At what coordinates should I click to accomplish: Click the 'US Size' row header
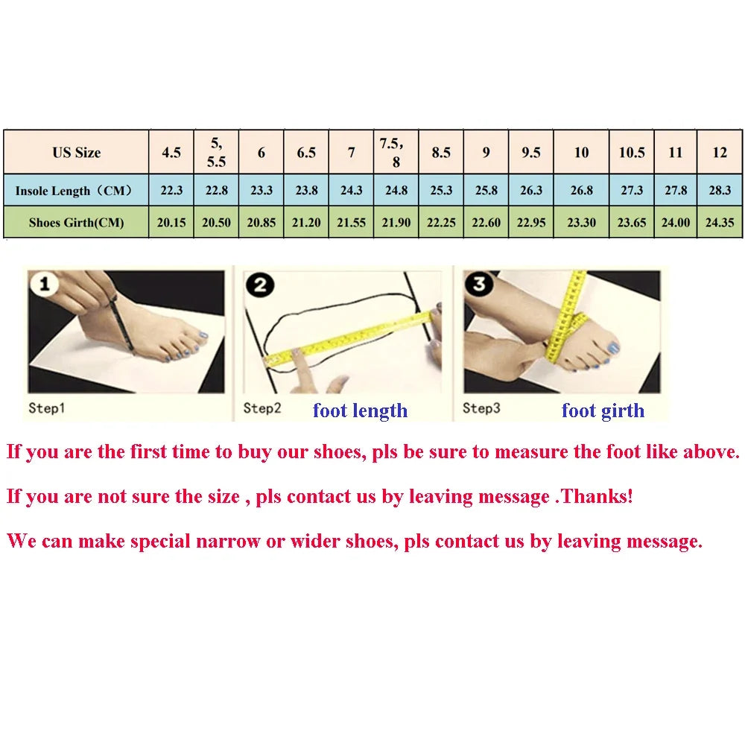[x=77, y=153]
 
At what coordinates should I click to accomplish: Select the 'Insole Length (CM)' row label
[x=74, y=191]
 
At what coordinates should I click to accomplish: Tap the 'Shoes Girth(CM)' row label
[x=77, y=222]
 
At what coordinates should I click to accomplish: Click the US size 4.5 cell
[x=171, y=153]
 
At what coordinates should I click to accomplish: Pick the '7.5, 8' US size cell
[x=396, y=153]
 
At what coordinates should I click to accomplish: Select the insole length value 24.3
[x=351, y=190]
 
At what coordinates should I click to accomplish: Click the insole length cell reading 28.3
[x=720, y=190]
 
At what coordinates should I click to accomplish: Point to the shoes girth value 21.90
[x=396, y=222]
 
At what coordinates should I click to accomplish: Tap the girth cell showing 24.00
[x=675, y=222]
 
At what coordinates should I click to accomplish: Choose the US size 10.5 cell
[x=632, y=153]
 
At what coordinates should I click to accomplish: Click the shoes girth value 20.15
[x=171, y=222]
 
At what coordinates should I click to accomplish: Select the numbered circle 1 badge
[x=44, y=284]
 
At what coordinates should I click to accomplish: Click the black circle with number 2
[x=260, y=285]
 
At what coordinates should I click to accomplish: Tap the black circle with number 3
[x=479, y=284]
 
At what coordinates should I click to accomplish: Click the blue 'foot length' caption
[x=360, y=410]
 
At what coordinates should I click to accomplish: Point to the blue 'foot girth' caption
[x=603, y=410]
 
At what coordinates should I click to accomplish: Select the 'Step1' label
[x=46, y=408]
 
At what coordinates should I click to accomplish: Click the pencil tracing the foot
[x=122, y=326]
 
